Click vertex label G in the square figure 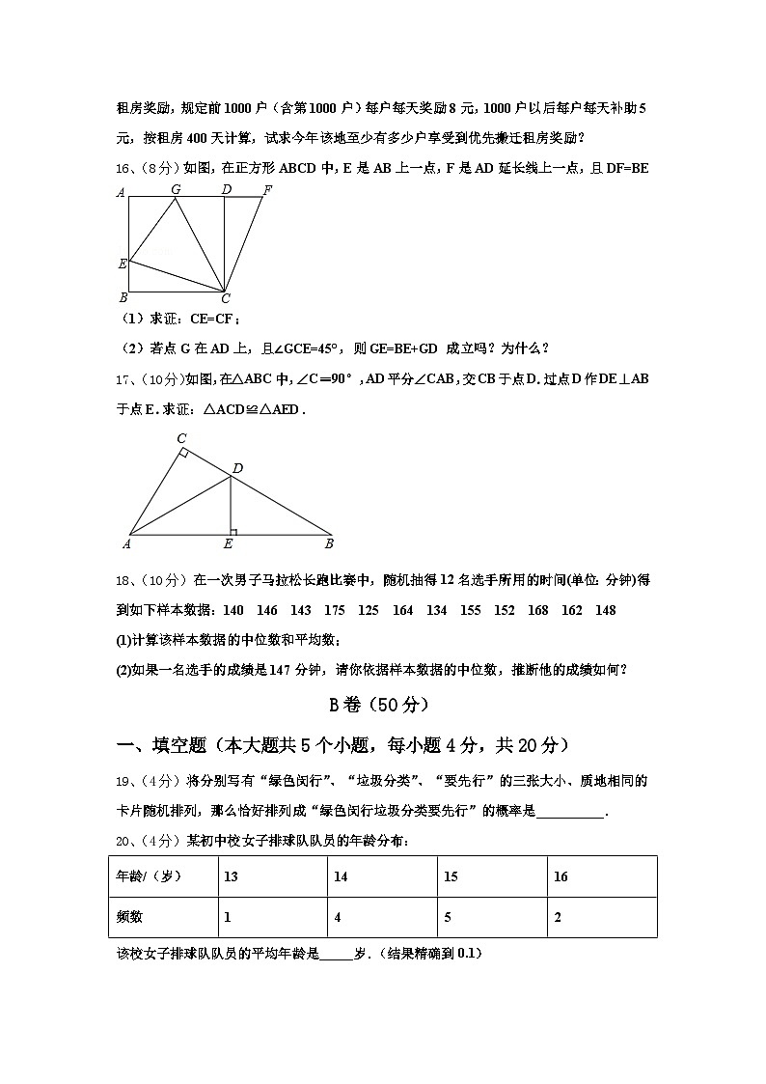pos(176,189)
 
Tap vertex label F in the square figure pos(267,189)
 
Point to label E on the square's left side pos(123,263)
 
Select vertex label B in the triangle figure pos(329,543)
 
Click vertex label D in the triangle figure pos(237,468)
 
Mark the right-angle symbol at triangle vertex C pos(183,452)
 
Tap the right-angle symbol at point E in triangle pos(233,530)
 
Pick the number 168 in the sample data pos(538,610)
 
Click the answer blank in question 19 pos(569,811)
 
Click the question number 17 pos(123,378)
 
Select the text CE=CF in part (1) pos(212,319)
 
